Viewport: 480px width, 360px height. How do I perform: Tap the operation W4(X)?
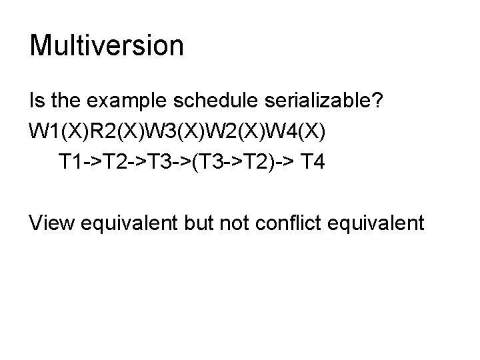(298, 131)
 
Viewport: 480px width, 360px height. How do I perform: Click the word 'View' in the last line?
(53, 221)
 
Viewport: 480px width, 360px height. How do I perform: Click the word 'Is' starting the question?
(37, 101)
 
